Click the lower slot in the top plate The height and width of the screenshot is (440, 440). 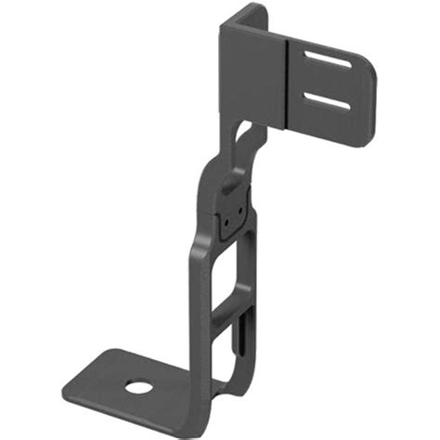[326, 100]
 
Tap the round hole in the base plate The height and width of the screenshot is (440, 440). [139, 384]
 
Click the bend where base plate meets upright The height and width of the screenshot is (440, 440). [200, 390]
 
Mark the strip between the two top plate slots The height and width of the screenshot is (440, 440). [324, 82]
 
